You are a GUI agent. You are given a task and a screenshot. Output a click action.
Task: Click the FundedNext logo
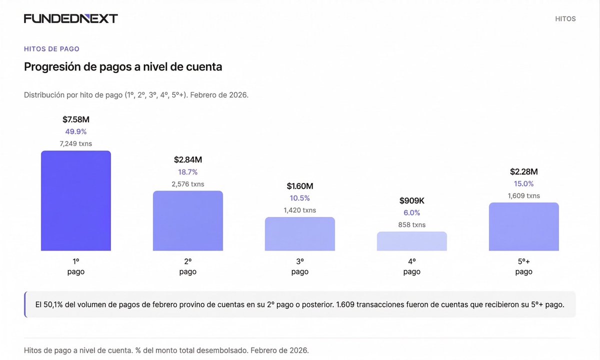(71, 19)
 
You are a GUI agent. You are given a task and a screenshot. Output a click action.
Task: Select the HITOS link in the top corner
(565, 19)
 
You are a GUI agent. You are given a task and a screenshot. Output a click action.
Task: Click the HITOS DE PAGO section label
(51, 49)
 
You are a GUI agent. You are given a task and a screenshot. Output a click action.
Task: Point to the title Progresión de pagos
(123, 66)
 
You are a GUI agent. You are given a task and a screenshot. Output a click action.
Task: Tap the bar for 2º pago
(188, 221)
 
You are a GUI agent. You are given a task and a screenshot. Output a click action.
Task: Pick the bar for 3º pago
(300, 234)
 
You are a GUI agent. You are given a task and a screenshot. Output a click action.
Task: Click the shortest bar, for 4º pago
(412, 241)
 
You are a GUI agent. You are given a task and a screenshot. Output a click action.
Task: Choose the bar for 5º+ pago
(524, 227)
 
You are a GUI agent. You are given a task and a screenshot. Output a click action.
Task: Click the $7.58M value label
(76, 119)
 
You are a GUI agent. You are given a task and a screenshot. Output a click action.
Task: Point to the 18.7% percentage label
(188, 172)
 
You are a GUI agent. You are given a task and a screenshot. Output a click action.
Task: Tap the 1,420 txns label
(300, 210)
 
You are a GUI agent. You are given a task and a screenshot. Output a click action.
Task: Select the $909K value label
(412, 200)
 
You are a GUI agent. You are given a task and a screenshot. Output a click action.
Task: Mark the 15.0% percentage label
(524, 183)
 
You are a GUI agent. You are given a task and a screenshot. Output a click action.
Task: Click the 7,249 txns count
(76, 143)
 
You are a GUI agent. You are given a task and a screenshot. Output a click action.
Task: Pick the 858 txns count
(412, 224)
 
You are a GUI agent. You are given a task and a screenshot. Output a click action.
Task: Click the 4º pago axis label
(412, 266)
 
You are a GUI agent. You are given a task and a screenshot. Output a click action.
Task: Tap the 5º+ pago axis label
(524, 266)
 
